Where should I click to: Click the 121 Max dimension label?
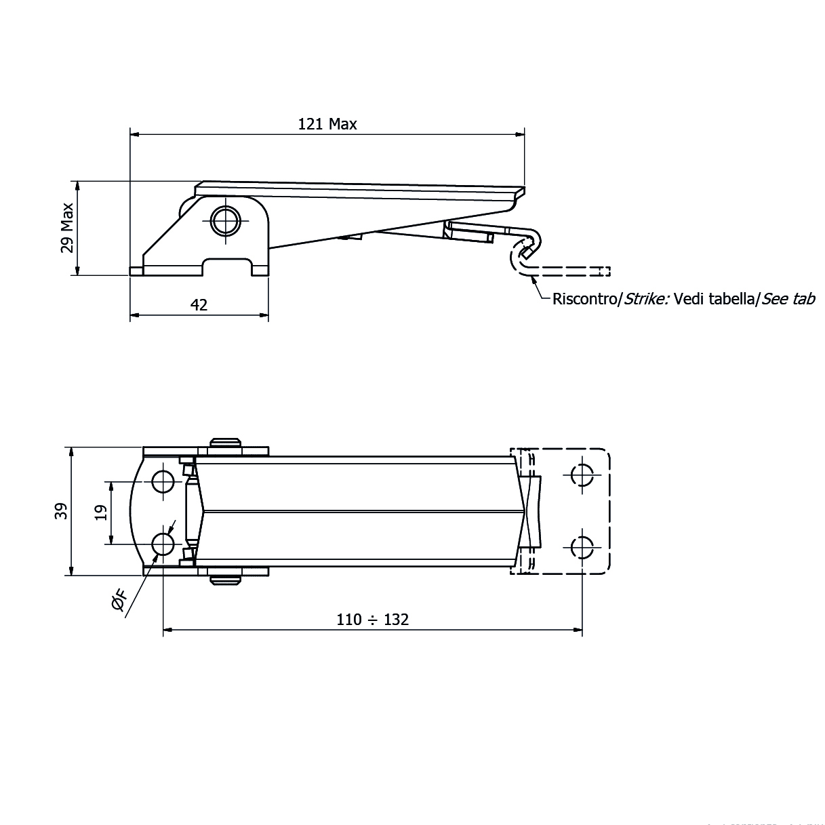(327, 124)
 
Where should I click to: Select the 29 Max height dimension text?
(67, 228)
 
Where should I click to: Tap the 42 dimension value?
(199, 305)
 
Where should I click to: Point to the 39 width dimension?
(62, 511)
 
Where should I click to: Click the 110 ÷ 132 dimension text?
(373, 620)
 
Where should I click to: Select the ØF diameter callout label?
(119, 600)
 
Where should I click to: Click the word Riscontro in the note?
(582, 299)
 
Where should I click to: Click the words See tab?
(788, 299)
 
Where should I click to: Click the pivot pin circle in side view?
(225, 220)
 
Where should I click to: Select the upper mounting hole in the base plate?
(163, 481)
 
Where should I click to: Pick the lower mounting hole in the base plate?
(163, 544)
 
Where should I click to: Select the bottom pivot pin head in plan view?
(225, 580)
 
